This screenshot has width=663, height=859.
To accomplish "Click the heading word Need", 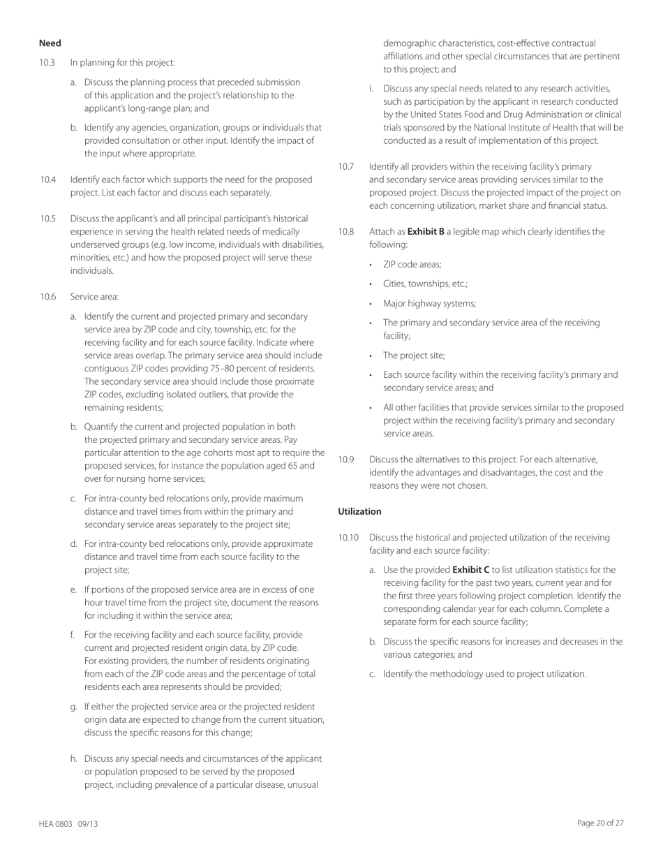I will pos(50,44).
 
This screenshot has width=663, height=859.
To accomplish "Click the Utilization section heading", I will pos(359,512).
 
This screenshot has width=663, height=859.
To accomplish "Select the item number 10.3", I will pos(47,63).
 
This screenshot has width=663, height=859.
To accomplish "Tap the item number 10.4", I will pos(47,179).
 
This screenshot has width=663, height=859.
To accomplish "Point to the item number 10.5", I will pos(47,219).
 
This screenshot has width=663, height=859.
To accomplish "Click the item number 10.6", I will pos(47,297).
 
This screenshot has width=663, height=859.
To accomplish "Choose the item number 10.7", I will pos(346,166).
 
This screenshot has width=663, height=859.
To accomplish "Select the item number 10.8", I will pos(346,230).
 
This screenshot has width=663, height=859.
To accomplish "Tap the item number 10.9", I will pos(346,460).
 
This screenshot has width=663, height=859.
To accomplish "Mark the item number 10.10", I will pos(348,538).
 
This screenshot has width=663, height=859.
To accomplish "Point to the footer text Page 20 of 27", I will pos(600,823).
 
